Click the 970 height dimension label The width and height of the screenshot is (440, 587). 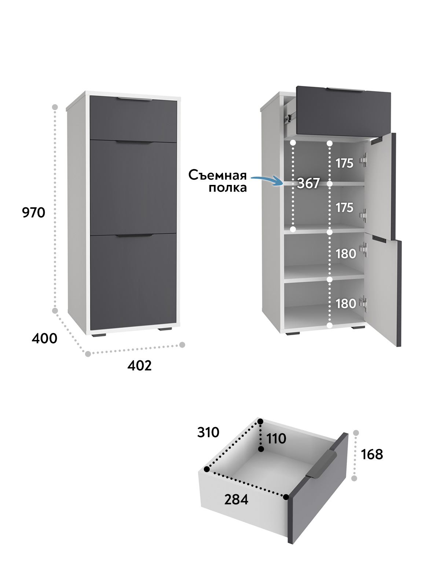pos(33,213)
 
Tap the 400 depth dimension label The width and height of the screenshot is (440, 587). pos(44,338)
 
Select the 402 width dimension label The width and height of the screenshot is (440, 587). pos(139,366)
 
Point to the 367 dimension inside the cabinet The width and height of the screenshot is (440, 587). pos(308,183)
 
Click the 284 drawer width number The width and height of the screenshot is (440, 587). pos(236,500)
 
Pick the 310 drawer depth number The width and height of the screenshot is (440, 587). pos(208,433)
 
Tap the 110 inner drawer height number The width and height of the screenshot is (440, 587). pos(276,439)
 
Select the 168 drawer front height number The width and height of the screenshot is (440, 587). pos(372,455)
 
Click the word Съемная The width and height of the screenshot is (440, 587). pos(217,175)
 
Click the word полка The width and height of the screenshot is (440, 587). pos(227,188)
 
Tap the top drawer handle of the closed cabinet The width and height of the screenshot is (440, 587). pos(134,99)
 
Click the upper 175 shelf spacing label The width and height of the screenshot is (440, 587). pos(344,163)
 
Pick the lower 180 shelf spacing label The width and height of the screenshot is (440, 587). pos(346,304)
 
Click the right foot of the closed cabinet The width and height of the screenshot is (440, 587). pos(166,329)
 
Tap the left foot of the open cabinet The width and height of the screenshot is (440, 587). pos(292,333)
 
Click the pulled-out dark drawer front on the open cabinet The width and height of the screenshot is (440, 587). pos(343,112)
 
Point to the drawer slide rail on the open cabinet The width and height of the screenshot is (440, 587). pos(289,117)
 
